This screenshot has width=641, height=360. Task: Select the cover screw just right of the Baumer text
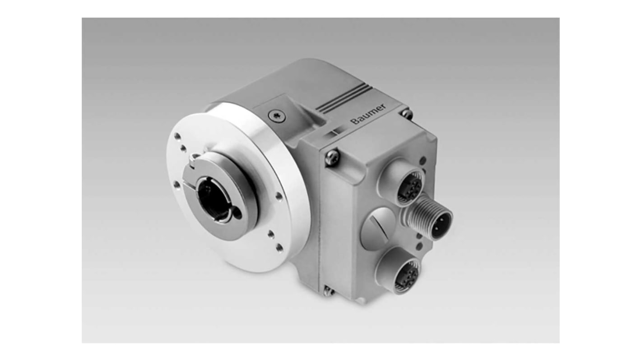coord(406,113)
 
